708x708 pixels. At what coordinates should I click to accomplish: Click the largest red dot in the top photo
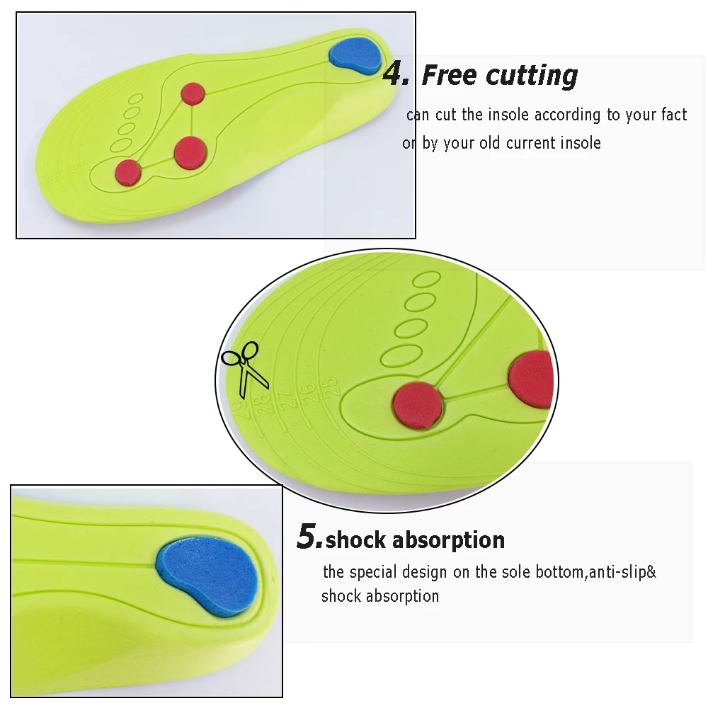190,152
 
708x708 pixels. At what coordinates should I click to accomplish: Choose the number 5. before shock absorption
309,537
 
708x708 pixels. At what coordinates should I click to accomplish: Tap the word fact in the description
674,115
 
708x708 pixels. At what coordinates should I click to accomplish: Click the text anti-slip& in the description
622,572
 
